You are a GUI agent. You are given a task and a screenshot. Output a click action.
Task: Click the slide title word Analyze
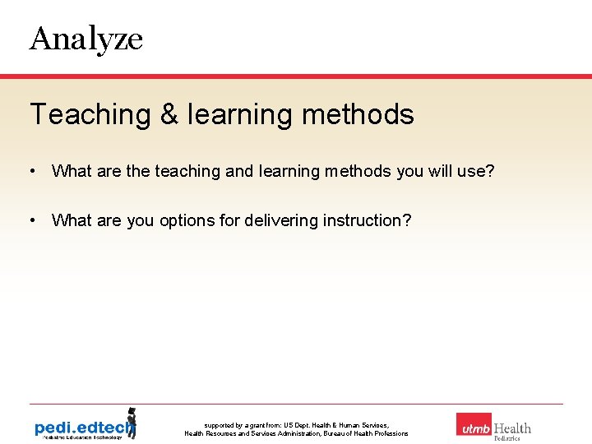tap(86, 39)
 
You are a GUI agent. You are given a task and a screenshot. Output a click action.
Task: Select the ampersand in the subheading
tap(169, 114)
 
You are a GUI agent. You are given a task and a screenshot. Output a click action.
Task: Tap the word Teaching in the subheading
tap(90, 114)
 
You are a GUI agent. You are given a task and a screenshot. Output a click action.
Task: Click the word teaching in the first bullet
tap(187, 171)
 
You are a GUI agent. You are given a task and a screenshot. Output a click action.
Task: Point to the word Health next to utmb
tap(512, 428)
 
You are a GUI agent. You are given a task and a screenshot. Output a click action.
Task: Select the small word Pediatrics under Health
tap(506, 438)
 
